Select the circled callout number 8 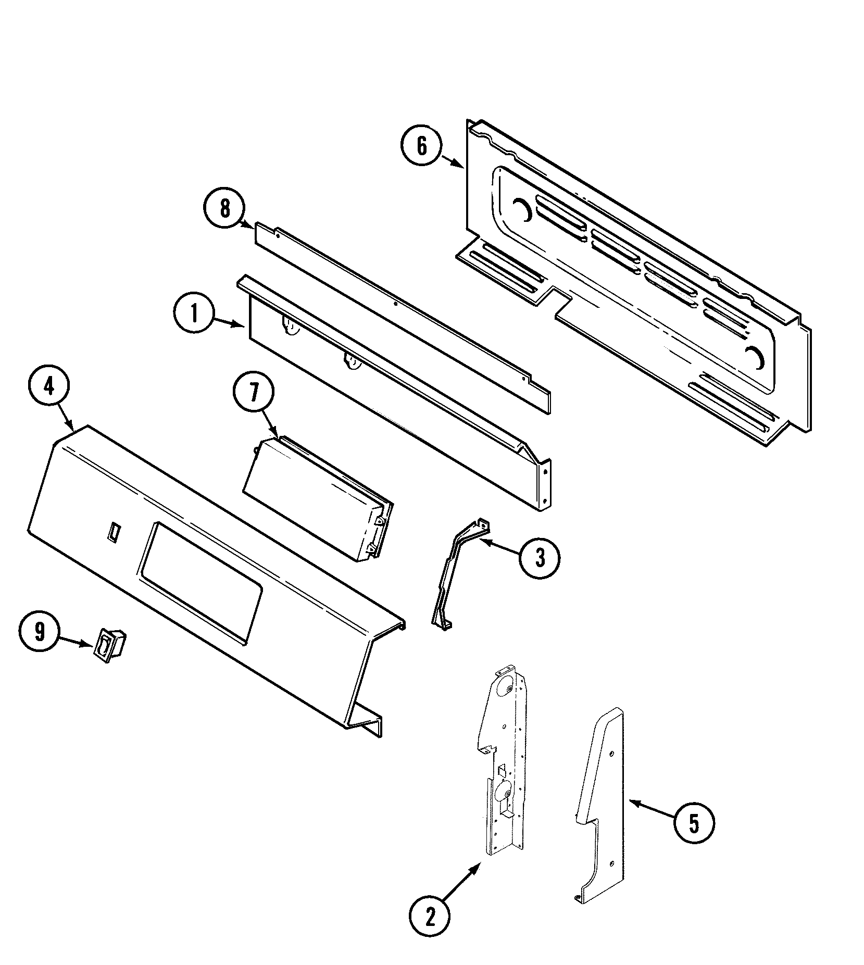coord(224,208)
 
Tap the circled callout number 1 coord(194,314)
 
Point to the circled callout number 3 coord(540,558)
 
